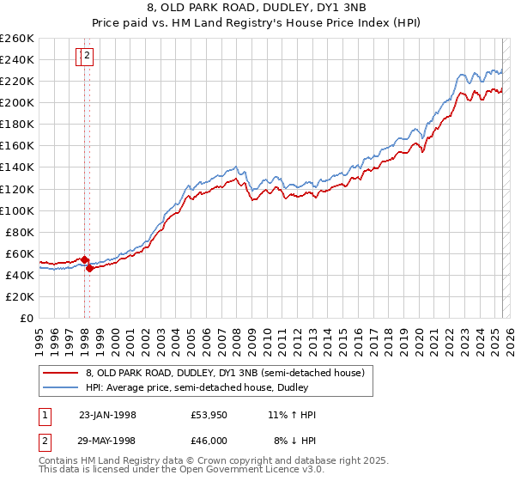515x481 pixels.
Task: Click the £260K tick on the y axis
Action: [x=17, y=39]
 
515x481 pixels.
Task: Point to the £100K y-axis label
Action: [x=17, y=210]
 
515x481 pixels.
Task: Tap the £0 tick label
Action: [x=27, y=318]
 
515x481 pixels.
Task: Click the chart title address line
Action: [x=257, y=8]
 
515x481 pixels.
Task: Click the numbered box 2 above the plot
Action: [x=88, y=57]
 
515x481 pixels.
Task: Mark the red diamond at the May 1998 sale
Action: [x=90, y=268]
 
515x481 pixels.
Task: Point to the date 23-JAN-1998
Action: [x=107, y=415]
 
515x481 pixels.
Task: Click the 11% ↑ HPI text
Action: [x=293, y=415]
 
